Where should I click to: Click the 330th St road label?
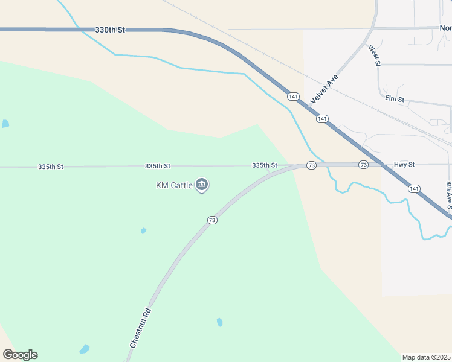[x=109, y=30]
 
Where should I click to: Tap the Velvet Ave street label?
[x=323, y=89]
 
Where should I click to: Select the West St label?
[x=375, y=55]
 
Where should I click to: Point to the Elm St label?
[x=394, y=98]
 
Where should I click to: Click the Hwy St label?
[x=404, y=164]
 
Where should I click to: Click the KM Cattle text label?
[x=174, y=185]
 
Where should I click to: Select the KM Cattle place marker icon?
[x=202, y=185]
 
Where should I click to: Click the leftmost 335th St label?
[x=50, y=166]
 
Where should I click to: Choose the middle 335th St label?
[x=158, y=165]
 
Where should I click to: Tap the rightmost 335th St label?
[x=265, y=165]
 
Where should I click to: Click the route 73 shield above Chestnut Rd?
[x=211, y=220]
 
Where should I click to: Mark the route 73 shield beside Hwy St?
[x=363, y=165]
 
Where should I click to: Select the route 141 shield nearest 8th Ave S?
[x=413, y=189]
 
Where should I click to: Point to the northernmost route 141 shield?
[x=293, y=97]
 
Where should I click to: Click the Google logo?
[x=20, y=355]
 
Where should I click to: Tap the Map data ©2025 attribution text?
[x=427, y=357]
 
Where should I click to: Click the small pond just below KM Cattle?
[x=143, y=230]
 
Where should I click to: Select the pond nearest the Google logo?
[x=85, y=349]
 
